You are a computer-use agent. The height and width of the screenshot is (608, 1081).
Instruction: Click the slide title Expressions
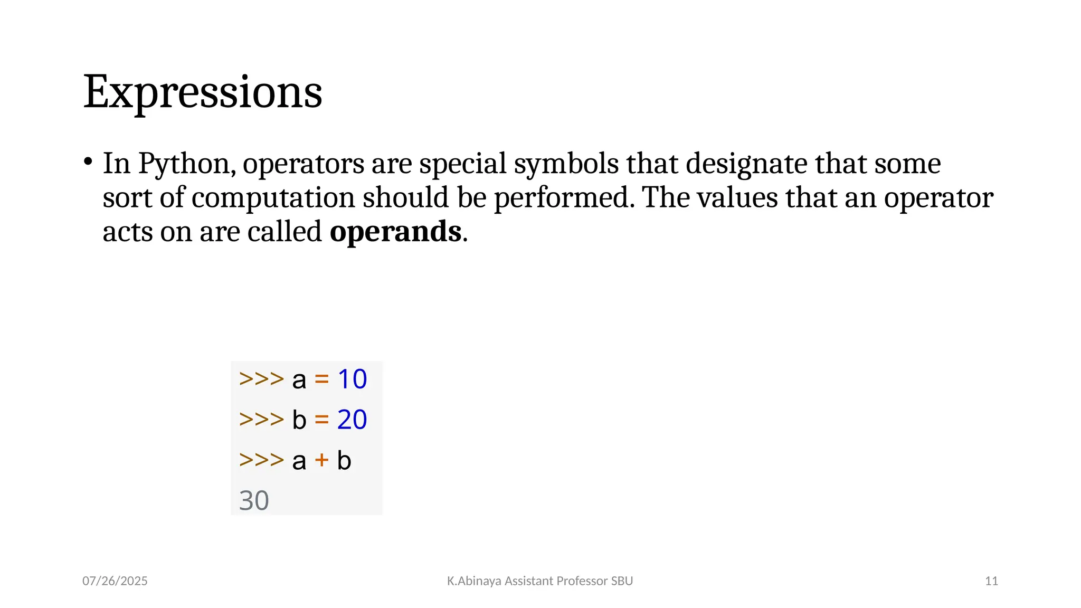203,92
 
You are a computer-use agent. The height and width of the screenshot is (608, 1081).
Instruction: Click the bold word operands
395,232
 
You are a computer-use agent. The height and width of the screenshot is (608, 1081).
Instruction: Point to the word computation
273,198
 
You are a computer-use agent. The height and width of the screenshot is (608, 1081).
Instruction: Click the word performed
561,198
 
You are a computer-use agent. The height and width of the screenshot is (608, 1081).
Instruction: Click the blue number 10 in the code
352,379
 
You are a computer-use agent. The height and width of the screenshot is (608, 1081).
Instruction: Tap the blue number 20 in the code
352,420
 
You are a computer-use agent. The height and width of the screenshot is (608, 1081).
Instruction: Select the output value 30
254,500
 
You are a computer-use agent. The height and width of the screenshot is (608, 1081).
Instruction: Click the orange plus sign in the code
321,460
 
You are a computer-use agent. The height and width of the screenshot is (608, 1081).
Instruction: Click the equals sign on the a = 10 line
321,379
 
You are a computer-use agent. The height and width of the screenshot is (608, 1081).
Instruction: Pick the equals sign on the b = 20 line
321,420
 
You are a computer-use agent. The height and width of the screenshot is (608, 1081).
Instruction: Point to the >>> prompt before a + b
261,460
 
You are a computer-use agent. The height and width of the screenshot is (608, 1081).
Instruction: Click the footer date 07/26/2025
115,581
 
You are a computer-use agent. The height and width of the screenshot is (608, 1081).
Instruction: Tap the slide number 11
991,581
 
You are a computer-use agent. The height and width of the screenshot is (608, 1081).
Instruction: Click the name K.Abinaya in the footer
474,581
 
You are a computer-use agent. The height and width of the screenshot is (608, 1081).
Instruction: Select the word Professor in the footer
582,581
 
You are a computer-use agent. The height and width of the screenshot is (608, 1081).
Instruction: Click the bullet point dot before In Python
88,161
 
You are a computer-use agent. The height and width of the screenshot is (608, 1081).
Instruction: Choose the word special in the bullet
463,164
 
